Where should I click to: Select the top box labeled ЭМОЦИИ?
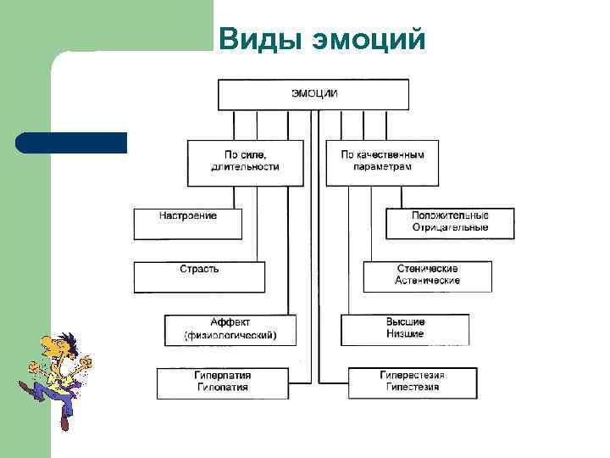313,94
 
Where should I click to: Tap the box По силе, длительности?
245,161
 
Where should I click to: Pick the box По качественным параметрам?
382,161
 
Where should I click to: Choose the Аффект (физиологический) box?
230,329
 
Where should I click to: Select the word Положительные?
450,215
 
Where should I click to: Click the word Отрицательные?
450,227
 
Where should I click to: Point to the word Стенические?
428,268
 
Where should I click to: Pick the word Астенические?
428,281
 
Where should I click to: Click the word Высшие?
405,322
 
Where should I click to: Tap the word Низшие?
405,334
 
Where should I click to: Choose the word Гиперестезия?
413,375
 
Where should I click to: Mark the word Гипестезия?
413,388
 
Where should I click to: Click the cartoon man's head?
59,347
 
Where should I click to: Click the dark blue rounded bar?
71,142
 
